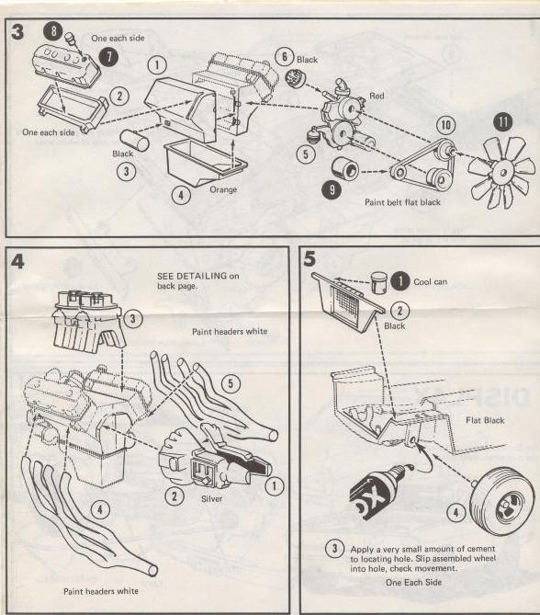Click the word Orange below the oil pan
pyautogui.click(x=222, y=190)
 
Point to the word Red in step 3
pyautogui.click(x=377, y=96)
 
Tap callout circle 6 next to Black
pyautogui.click(x=285, y=57)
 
